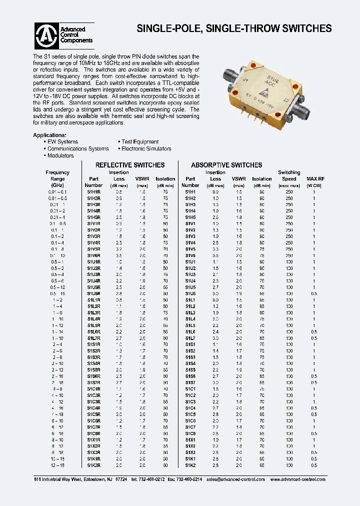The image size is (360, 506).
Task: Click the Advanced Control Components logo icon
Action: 46,35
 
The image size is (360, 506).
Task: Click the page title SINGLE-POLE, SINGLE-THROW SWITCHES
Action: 234,29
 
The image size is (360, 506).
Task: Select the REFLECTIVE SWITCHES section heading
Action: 129,165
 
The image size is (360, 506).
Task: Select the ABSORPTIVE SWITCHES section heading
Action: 226,165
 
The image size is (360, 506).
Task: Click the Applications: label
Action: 49,135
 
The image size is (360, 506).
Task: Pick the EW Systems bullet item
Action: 62,142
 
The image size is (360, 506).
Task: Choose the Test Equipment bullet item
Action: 139,142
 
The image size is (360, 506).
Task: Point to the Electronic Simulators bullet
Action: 145,149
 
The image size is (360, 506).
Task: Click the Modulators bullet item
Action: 60,155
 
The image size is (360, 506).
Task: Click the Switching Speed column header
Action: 289,175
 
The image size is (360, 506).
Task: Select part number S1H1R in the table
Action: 94,191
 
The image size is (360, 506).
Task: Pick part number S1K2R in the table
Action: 94,464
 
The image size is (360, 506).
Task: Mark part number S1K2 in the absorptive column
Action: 190,464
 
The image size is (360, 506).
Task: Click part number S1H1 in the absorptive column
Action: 190,191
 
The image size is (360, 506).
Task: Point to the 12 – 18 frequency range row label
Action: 57,464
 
